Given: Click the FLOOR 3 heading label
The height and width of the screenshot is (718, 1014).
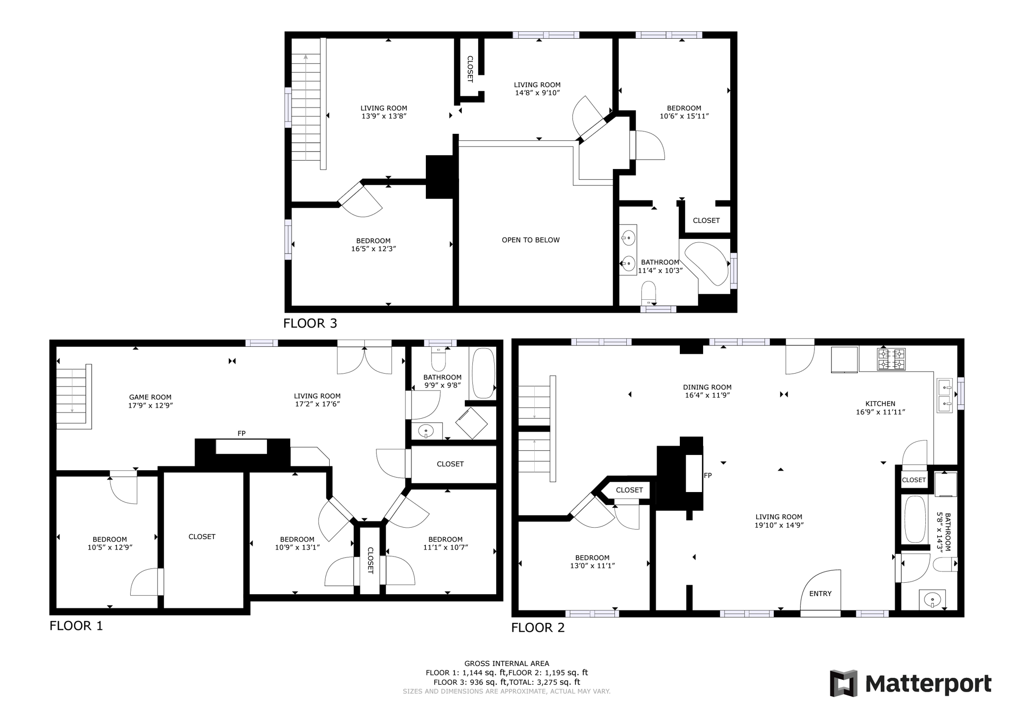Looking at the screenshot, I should coord(310,324).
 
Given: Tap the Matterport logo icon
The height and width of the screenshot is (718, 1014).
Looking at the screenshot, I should coord(844,683).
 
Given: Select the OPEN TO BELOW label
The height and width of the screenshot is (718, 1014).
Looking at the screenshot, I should coord(530,240).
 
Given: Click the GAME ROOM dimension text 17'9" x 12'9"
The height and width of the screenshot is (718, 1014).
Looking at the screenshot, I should coord(150,405).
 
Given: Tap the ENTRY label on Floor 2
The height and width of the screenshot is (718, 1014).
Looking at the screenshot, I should coord(820,594).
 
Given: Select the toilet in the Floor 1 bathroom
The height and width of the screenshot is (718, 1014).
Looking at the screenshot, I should coord(438,360).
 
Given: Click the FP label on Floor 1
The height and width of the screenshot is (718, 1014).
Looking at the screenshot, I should coord(241,434).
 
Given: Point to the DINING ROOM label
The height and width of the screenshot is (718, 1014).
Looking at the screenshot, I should coord(707,387).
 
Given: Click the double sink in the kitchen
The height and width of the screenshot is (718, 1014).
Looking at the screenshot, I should coord(945,396).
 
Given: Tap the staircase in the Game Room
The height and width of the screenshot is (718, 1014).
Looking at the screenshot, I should coord(73,396).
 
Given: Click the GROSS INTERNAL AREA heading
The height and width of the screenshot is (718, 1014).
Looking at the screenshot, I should coord(507,663).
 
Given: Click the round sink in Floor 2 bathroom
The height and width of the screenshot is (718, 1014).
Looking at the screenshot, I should coord(932,600).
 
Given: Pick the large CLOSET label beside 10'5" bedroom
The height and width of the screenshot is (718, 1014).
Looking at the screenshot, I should coord(202,537).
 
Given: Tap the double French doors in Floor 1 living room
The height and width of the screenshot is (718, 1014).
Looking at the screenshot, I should coord(364,358).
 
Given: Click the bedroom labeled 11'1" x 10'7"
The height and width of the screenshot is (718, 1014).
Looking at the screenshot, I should coord(445,543).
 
